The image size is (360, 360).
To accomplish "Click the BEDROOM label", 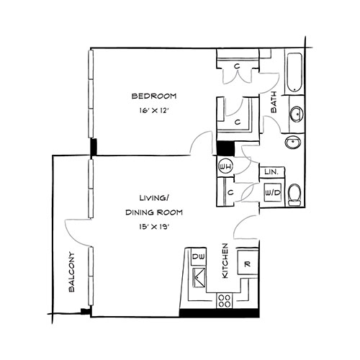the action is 154,96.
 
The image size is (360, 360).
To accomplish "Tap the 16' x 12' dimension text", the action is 154,111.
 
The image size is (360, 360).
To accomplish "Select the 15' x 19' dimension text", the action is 154,227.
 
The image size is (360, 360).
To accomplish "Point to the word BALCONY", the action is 71,271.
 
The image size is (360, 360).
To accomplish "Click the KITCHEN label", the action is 225,261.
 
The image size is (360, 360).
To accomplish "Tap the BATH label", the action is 274,102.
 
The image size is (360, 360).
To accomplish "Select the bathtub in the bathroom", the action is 294,73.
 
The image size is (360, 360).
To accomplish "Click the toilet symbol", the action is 294,195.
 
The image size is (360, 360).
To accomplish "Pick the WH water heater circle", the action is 225,166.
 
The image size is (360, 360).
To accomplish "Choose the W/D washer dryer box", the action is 273,192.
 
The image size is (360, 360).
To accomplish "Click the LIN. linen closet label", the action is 271,172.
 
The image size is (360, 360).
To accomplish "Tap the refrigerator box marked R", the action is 248,262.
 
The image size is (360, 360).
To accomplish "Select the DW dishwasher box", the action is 199,256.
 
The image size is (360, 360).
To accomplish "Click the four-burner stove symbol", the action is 225,301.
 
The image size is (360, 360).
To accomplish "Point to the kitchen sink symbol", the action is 199,278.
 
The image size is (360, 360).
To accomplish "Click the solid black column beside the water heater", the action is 225,148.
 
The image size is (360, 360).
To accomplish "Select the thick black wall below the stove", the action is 220,313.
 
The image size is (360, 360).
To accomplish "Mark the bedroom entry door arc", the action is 199,140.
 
